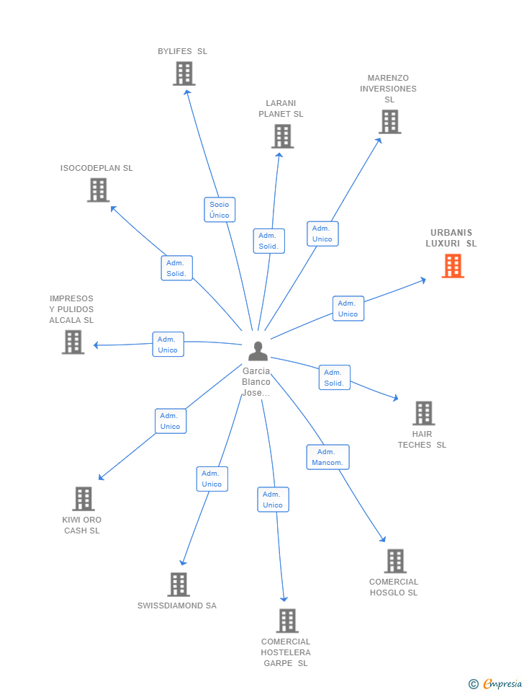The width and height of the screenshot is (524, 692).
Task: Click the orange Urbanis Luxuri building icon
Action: (453, 266)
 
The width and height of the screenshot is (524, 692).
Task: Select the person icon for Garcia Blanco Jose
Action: (258, 351)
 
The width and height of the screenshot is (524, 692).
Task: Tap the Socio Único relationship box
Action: (220, 210)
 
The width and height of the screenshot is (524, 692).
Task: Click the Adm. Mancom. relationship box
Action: (328, 457)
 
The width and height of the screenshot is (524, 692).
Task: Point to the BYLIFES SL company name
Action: (182, 51)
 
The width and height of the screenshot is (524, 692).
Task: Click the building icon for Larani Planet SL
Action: (282, 136)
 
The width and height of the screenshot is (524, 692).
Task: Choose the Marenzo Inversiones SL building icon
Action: (390, 121)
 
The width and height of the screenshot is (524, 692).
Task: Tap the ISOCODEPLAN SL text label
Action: (96, 168)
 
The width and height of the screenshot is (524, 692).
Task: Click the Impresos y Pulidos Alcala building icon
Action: (73, 342)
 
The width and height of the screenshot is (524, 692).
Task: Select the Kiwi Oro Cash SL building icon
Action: (83, 499)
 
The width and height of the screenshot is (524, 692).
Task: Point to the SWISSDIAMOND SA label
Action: (177, 605)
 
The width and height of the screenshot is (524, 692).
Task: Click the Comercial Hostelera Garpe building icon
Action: (287, 621)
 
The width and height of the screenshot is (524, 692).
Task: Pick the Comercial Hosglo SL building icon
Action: (395, 561)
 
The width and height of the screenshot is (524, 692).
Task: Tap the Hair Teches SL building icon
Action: (424, 413)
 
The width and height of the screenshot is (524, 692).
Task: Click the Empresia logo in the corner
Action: (495, 683)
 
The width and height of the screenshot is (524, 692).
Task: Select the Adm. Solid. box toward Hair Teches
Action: (335, 378)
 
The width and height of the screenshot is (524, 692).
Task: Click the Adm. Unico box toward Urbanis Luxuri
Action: (348, 309)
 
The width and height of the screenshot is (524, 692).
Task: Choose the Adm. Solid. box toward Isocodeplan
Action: (177, 268)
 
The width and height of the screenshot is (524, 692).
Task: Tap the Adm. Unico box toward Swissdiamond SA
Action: (212, 479)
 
